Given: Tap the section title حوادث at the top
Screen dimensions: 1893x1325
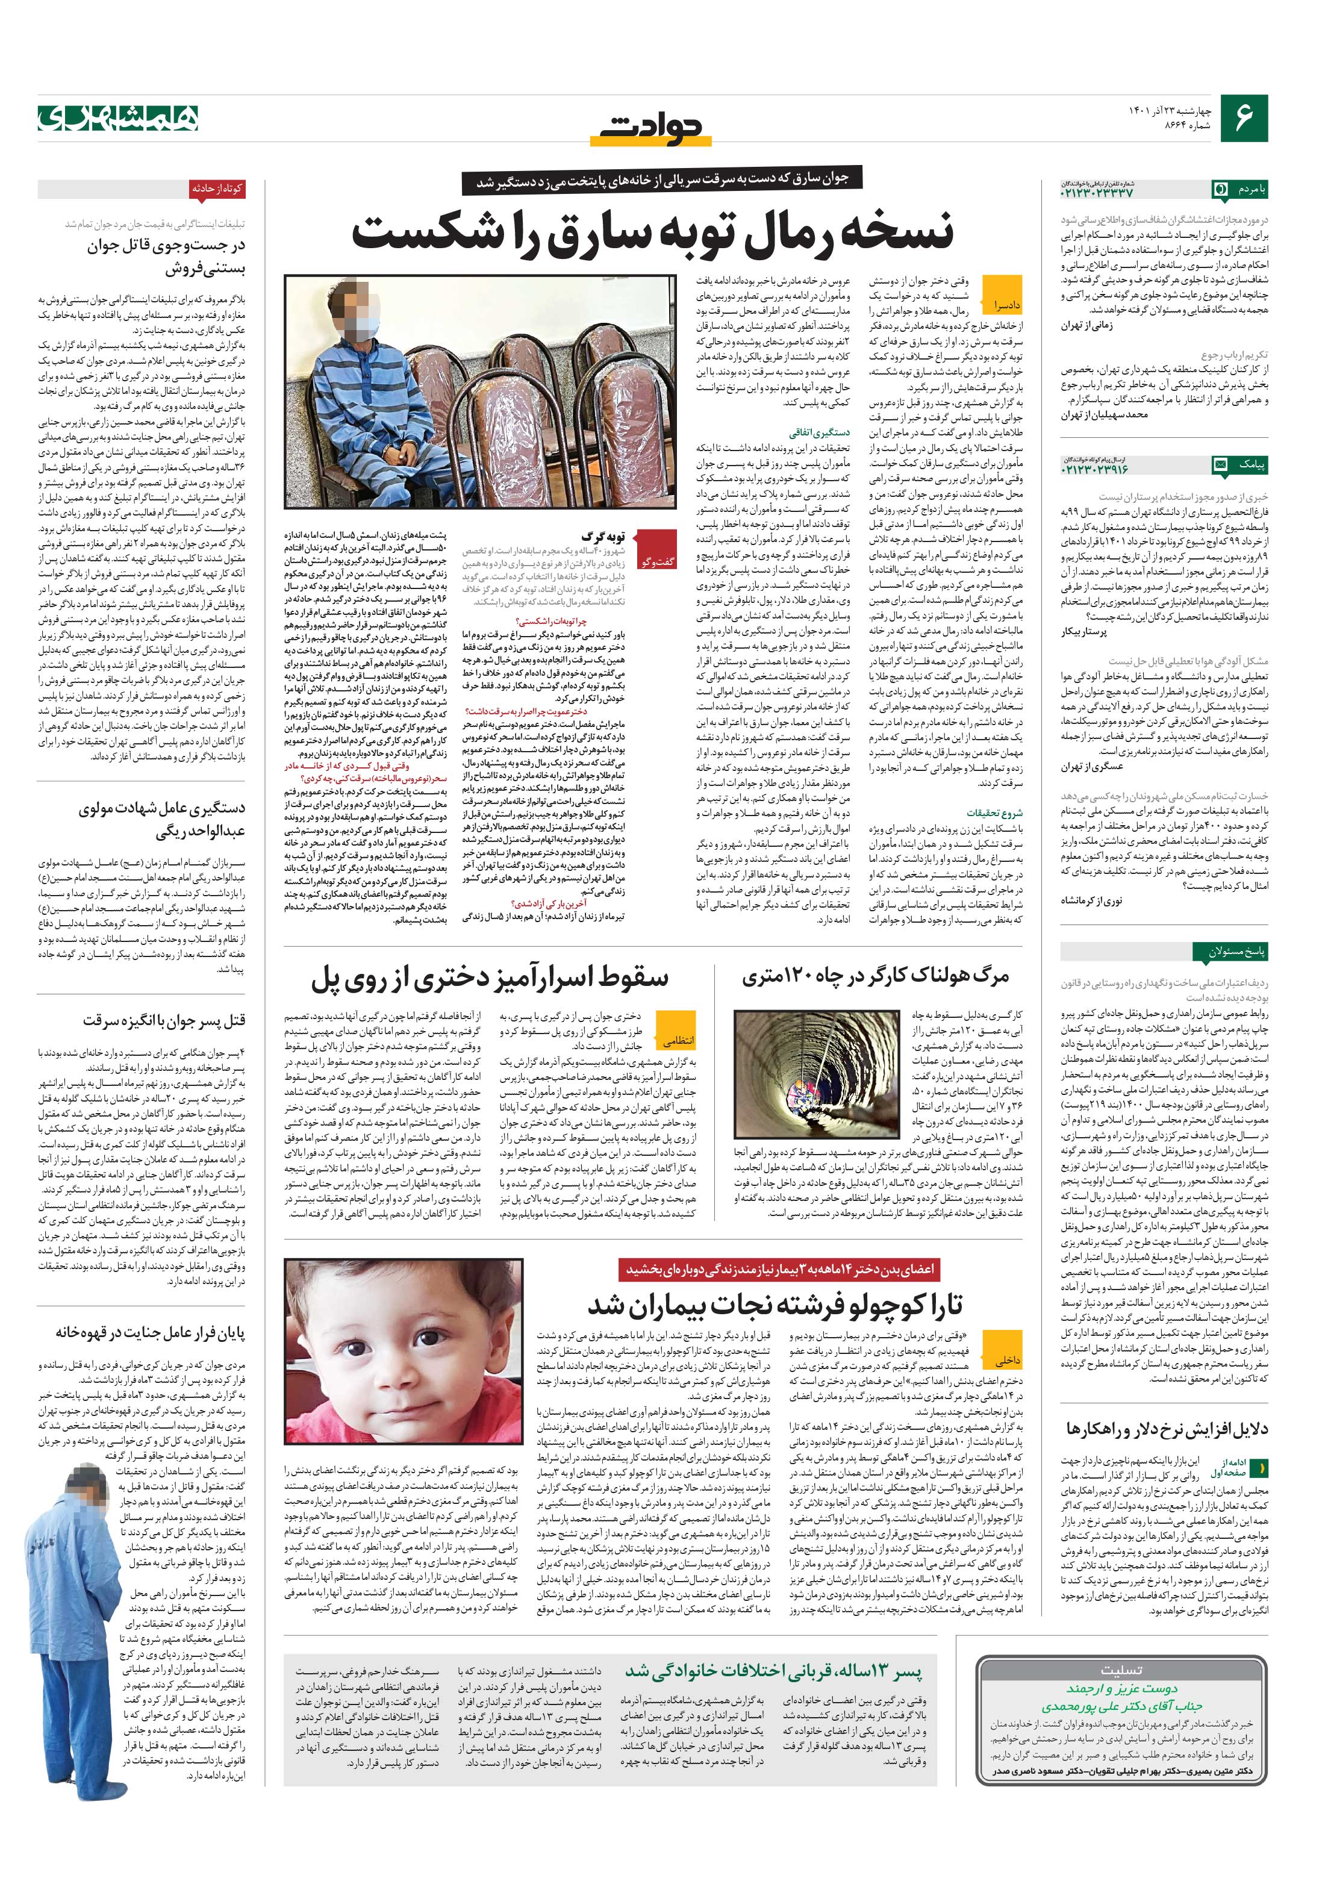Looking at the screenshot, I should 652,127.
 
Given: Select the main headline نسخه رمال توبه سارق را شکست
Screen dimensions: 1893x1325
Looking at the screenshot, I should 652,232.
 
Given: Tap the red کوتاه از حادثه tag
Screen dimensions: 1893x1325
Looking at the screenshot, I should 217,189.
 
